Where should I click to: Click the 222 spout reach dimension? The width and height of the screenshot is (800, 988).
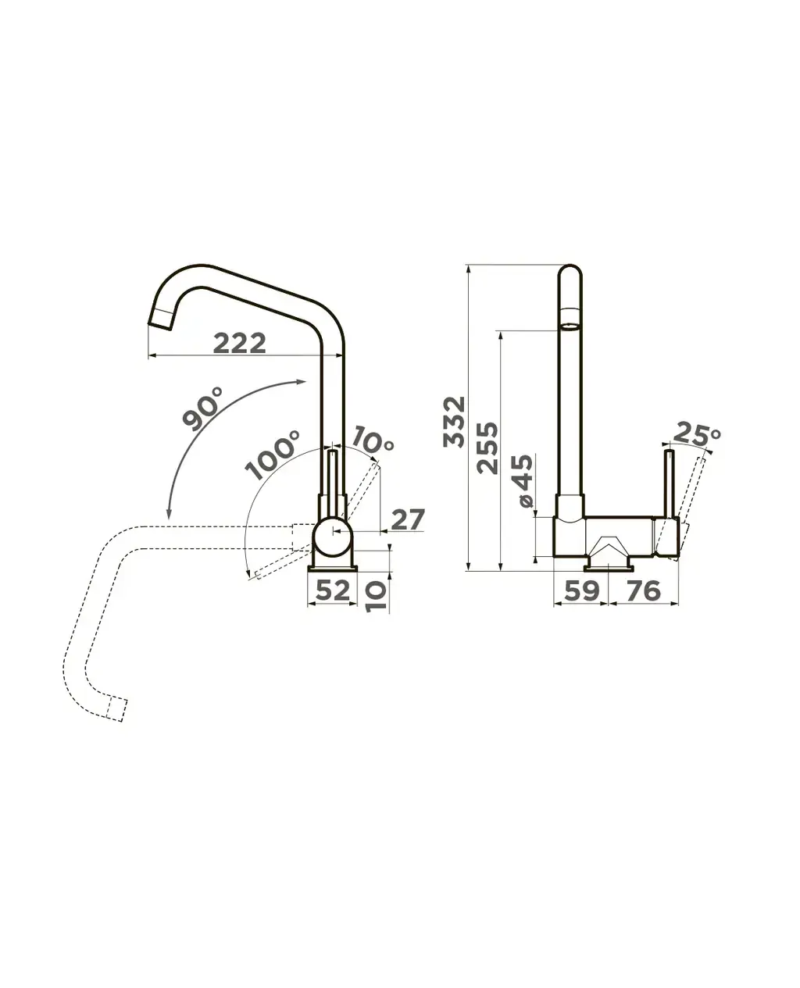pyautogui.click(x=239, y=343)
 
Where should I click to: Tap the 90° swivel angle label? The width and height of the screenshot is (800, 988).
pyautogui.click(x=203, y=408)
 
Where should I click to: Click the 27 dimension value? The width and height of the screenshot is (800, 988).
pyautogui.click(x=408, y=519)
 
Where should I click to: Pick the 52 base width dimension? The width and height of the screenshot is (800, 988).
pyautogui.click(x=332, y=590)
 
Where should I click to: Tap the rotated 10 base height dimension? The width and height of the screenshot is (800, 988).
pyautogui.click(x=376, y=597)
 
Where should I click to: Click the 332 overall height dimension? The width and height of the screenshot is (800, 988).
pyautogui.click(x=454, y=422)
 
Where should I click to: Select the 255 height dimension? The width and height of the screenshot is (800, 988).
pyautogui.click(x=487, y=448)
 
